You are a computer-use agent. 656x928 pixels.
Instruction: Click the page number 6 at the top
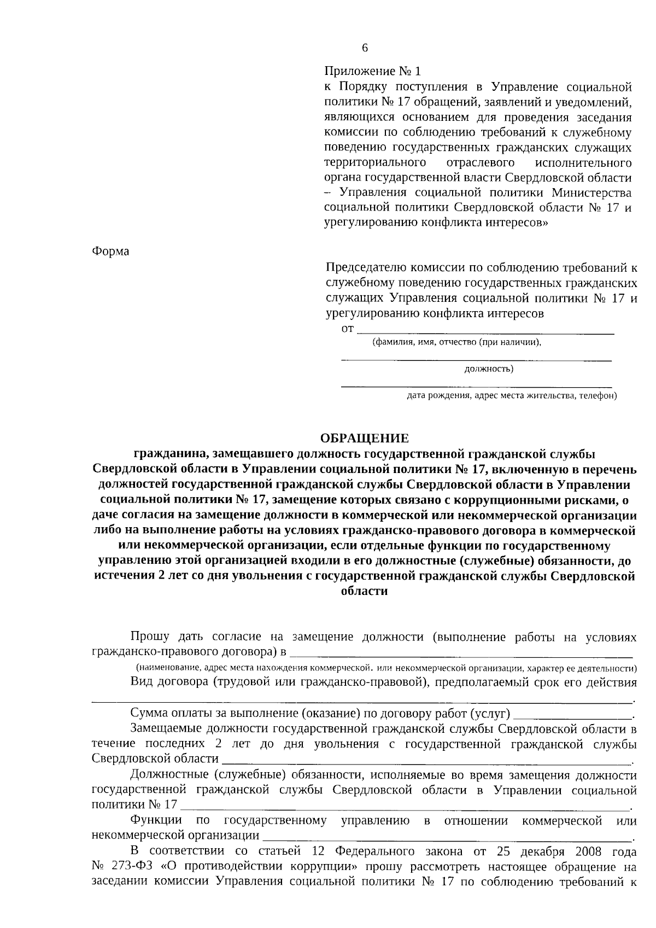365,48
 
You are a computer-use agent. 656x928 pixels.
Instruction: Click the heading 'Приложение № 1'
373,72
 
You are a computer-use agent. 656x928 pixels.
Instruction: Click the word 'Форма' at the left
110,251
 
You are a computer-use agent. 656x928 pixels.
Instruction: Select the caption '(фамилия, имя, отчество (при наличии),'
456,342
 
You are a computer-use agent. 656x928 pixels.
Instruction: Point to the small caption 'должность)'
488,369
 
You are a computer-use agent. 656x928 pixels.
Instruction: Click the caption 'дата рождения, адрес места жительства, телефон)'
511,395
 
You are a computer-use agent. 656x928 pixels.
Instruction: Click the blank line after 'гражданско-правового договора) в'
460,653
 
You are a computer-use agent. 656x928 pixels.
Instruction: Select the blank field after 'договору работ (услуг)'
572,715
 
